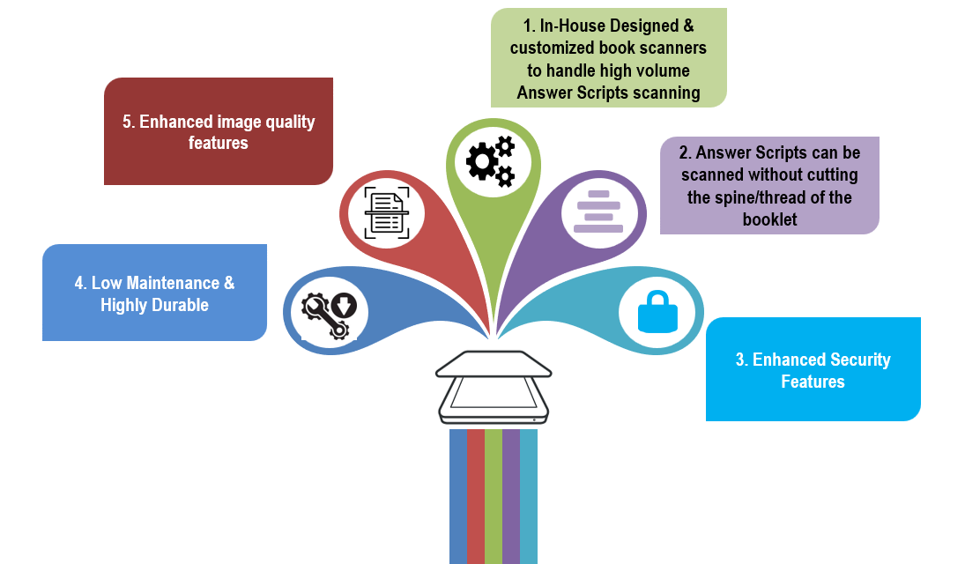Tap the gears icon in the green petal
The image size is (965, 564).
pyautogui.click(x=490, y=160)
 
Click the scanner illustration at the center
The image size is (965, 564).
pyautogui.click(x=493, y=388)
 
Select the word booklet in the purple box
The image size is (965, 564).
pyautogui.click(x=769, y=219)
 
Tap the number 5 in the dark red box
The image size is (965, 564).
pyautogui.click(x=127, y=122)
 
